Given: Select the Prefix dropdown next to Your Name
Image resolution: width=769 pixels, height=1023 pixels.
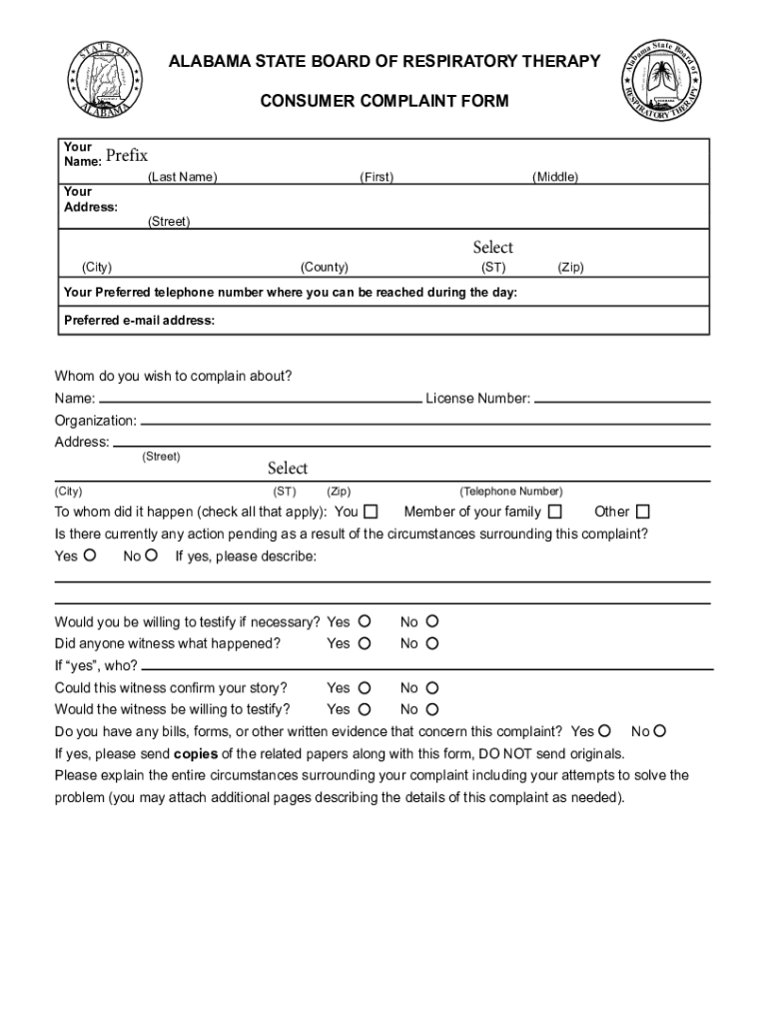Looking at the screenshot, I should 127,156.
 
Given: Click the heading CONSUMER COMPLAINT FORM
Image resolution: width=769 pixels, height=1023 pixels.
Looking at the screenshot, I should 384,101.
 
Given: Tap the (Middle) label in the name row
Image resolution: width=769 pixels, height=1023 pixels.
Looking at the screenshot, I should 555,178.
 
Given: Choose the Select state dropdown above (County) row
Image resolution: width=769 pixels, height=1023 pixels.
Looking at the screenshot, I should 492,248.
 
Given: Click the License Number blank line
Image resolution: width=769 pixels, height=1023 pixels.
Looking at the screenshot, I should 622,400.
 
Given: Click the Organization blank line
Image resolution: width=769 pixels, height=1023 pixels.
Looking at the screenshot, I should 425,422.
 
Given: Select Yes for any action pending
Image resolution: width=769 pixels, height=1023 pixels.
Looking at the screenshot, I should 90,555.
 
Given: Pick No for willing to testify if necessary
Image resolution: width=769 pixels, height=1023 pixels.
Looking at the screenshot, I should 432,622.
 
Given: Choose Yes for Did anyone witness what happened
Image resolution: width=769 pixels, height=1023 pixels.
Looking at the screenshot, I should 365,644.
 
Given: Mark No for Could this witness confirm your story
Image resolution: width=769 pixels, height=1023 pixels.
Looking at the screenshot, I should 432,688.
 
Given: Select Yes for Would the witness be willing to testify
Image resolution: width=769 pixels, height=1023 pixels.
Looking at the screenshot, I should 365,710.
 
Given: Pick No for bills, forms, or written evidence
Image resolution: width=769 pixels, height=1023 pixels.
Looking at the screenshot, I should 660,732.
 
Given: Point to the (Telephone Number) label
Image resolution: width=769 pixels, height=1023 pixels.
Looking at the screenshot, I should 511,492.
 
